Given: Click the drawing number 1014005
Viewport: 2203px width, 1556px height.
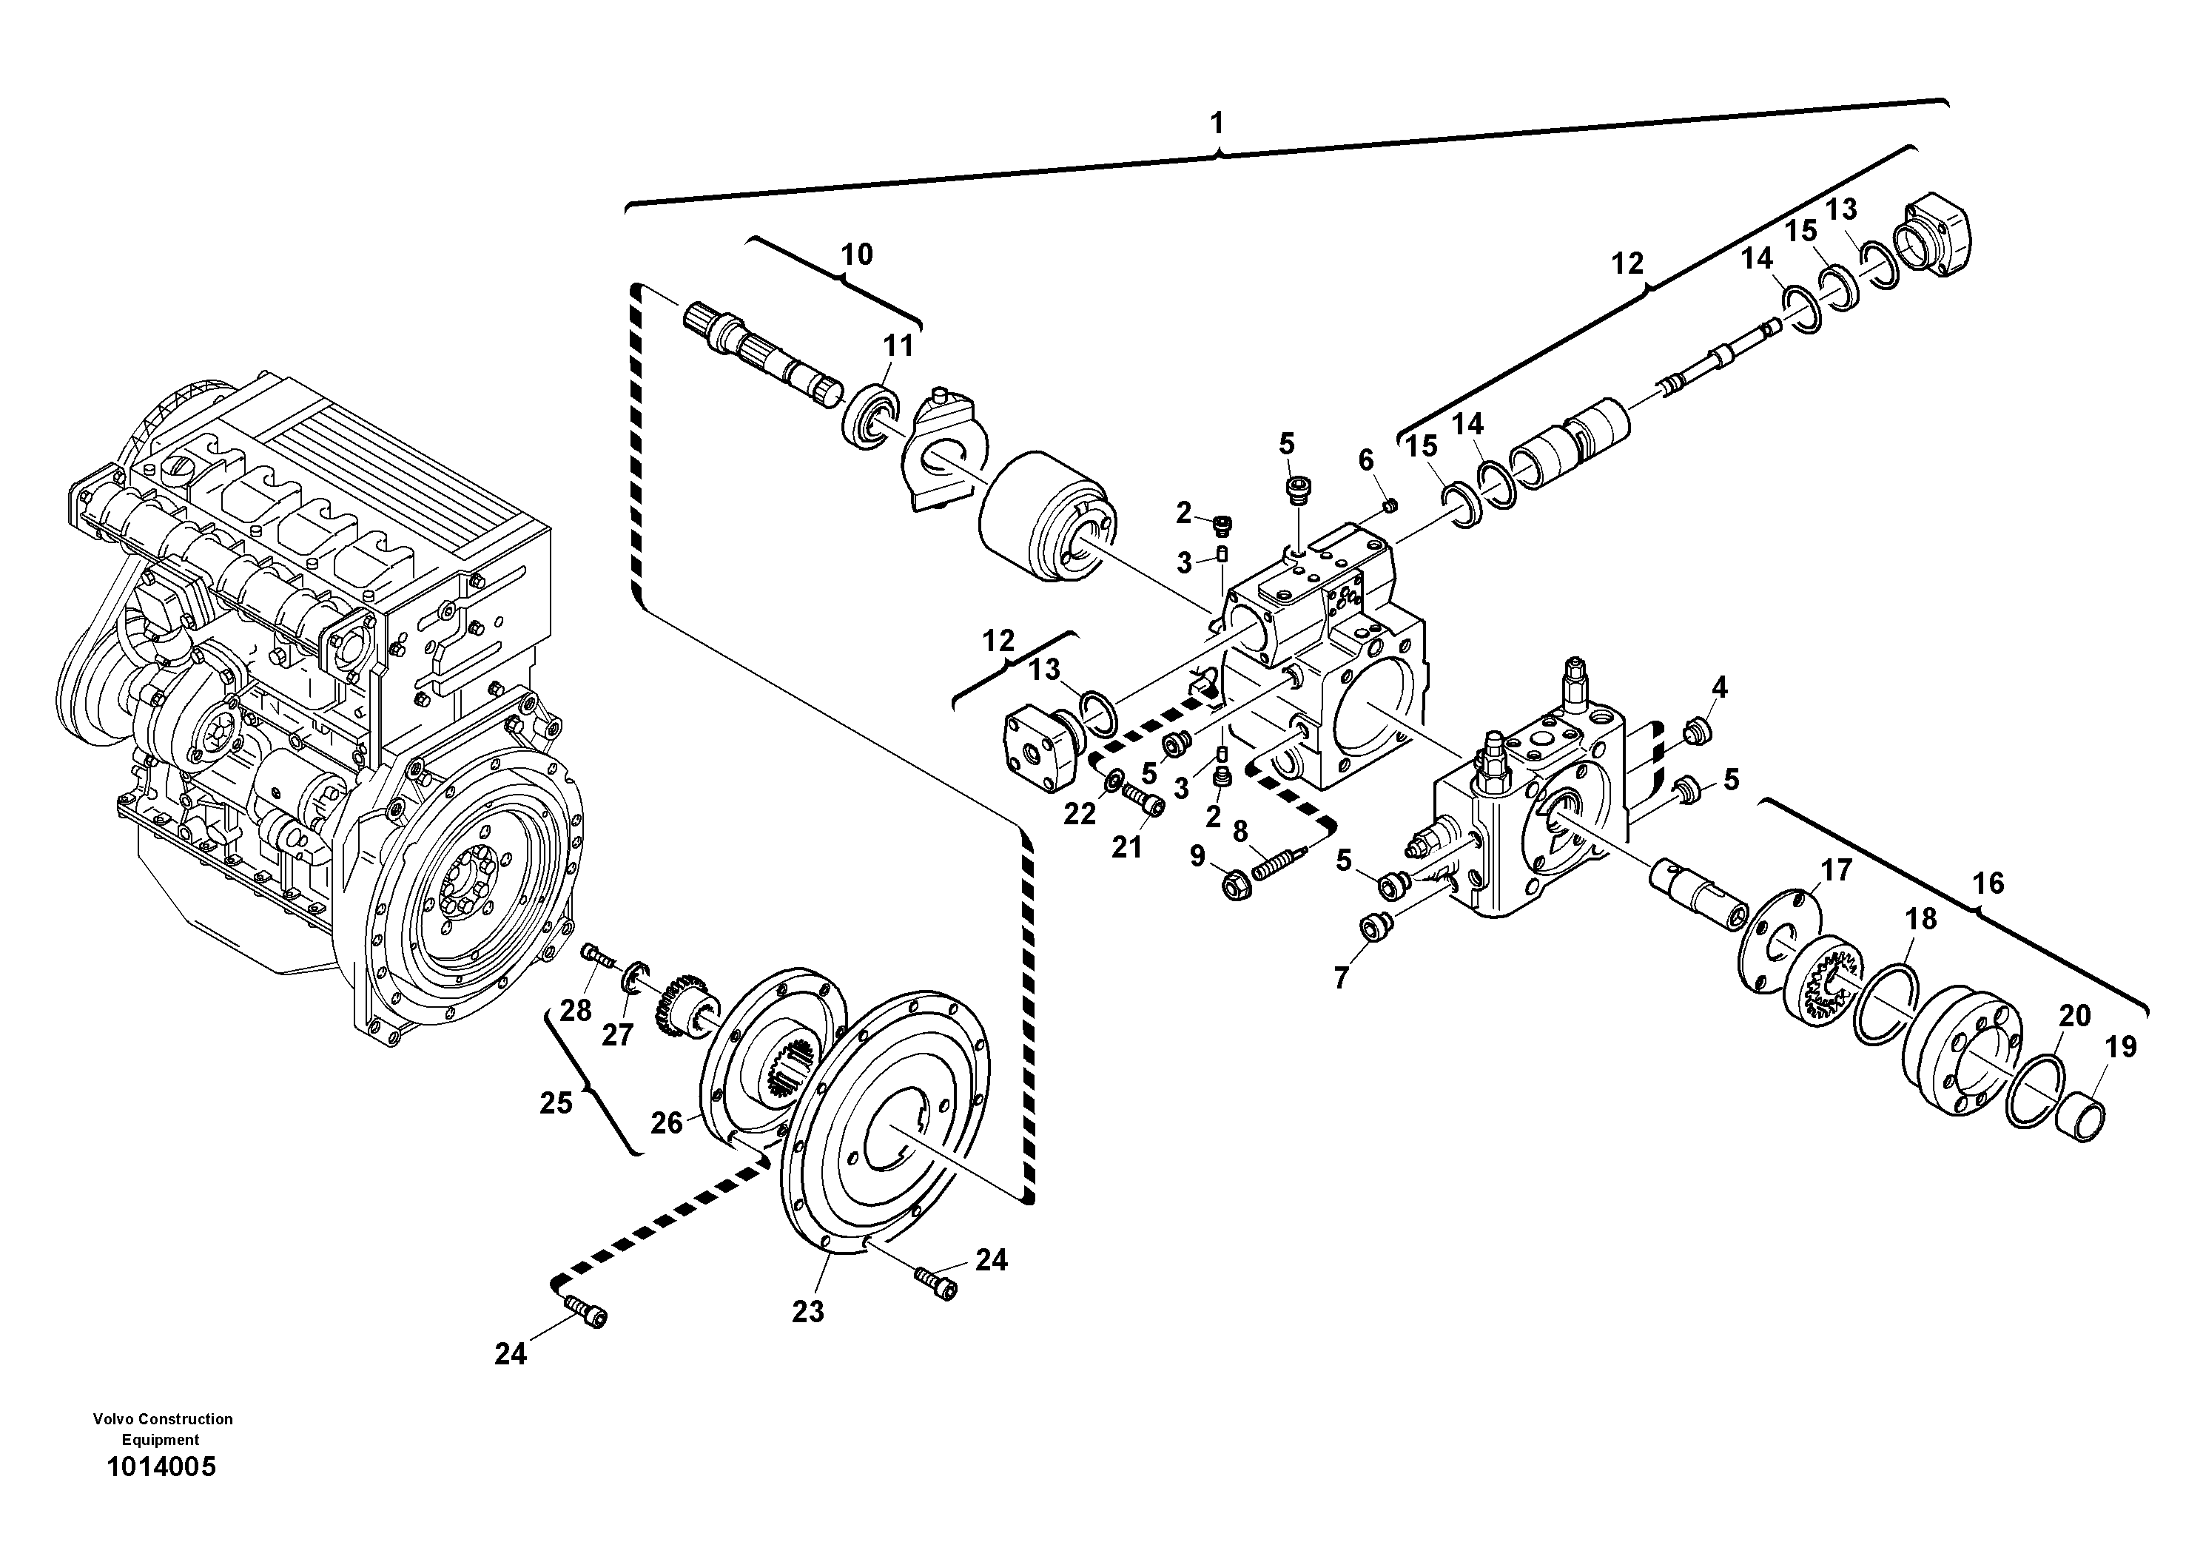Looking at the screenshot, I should pyautogui.click(x=161, y=1468).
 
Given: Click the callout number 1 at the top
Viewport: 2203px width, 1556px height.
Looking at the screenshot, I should pyautogui.click(x=1217, y=124).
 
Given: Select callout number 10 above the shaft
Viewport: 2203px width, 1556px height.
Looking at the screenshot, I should pyautogui.click(x=856, y=255).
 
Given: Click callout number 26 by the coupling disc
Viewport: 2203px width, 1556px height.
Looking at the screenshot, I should pyautogui.click(x=667, y=1122).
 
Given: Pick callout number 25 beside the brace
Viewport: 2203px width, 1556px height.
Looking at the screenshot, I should pyautogui.click(x=556, y=1103).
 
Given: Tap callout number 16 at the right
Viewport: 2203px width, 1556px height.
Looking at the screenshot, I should pyautogui.click(x=1988, y=883).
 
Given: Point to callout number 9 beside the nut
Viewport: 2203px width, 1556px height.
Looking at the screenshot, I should pyautogui.click(x=1197, y=856).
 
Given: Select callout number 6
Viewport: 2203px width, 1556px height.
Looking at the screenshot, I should pyautogui.click(x=1365, y=459).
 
